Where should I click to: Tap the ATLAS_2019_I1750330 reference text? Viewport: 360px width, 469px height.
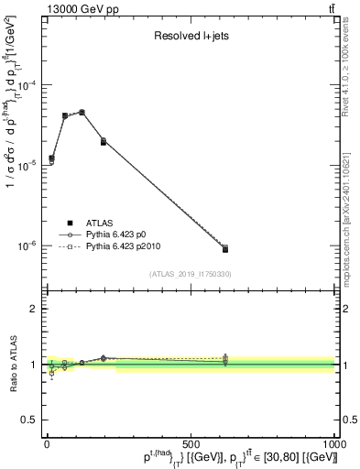191,274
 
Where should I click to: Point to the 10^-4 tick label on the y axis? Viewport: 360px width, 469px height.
30,84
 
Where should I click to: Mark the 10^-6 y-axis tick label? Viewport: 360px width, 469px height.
30,245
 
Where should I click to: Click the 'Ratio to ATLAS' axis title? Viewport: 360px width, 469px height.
13,365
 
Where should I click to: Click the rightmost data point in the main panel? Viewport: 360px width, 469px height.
225,248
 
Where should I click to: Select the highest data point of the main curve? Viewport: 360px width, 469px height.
82,113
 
